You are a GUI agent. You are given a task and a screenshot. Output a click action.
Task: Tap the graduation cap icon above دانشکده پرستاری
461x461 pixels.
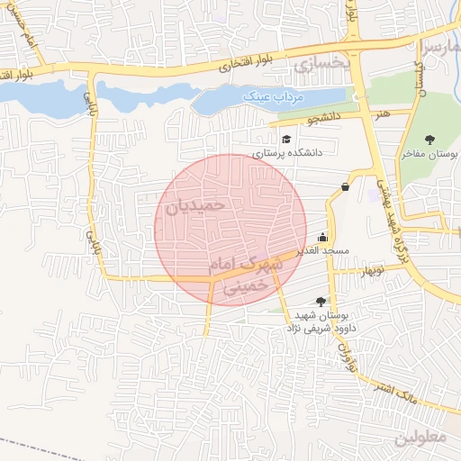pyautogui.click(x=286, y=139)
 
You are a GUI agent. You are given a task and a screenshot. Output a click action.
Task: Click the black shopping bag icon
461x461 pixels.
pyautogui.click(x=346, y=186)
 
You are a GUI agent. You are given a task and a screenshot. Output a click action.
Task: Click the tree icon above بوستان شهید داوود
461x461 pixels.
pyautogui.click(x=321, y=302)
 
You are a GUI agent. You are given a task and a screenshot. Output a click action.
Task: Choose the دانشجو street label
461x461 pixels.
pyautogui.click(x=324, y=118)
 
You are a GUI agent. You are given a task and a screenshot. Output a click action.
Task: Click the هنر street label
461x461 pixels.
pyautogui.click(x=384, y=114)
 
